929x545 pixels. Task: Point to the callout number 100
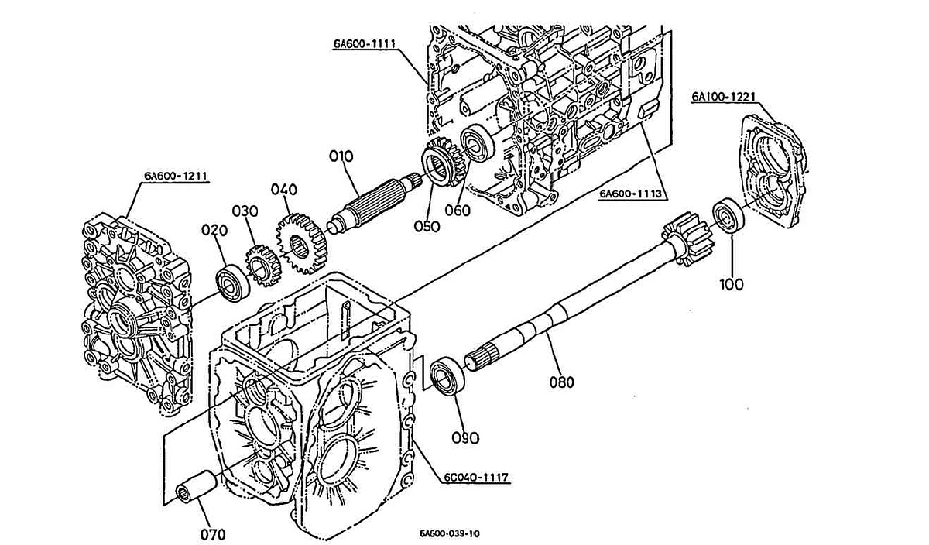point(731,284)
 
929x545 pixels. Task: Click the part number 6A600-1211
point(175,176)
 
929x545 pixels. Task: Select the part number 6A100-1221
point(724,97)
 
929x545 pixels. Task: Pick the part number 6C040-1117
point(476,478)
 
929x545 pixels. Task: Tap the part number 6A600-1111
point(365,44)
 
